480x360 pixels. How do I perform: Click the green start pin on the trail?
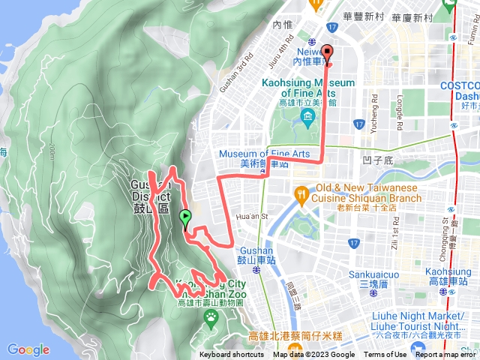(185, 218)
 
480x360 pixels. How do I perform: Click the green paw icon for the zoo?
(213, 317)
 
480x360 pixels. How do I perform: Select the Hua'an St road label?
(252, 217)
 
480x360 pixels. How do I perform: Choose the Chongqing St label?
(448, 232)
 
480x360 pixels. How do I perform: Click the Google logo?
(28, 349)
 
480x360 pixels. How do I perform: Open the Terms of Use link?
(385, 355)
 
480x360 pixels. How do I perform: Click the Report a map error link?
(445, 355)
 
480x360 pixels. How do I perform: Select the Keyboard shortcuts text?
(232, 355)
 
